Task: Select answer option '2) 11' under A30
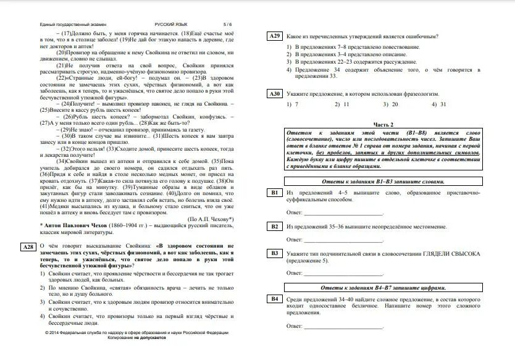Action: pyautogui.click(x=341, y=105)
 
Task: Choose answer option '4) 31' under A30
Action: pyautogui.click(x=438, y=105)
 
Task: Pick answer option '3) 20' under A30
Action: pyautogui.click(x=390, y=105)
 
